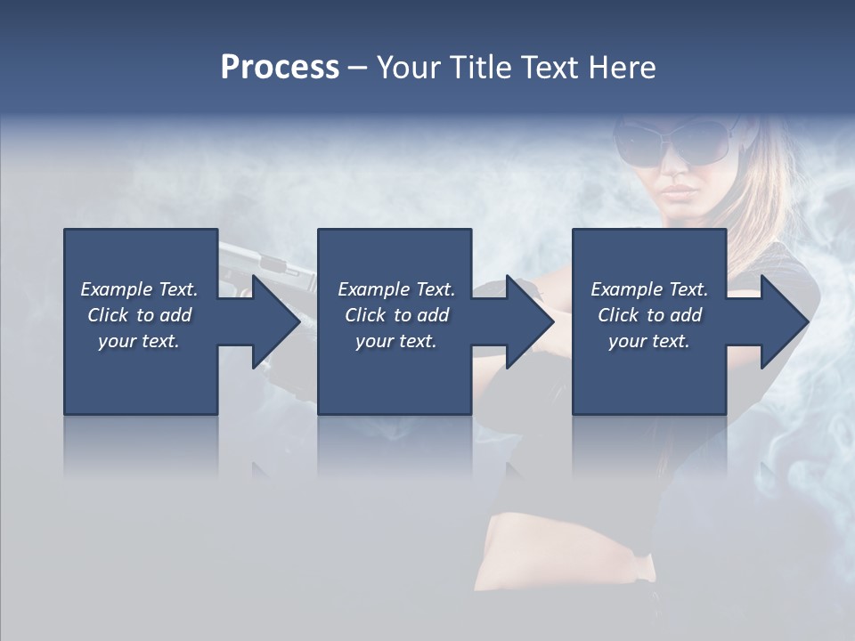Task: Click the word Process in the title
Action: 280,68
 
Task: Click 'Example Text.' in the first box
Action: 139,289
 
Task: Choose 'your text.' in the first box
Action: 139,341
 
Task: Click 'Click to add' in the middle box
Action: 396,315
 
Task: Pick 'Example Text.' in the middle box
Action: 396,289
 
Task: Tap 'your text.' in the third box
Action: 649,341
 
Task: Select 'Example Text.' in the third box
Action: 649,289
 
